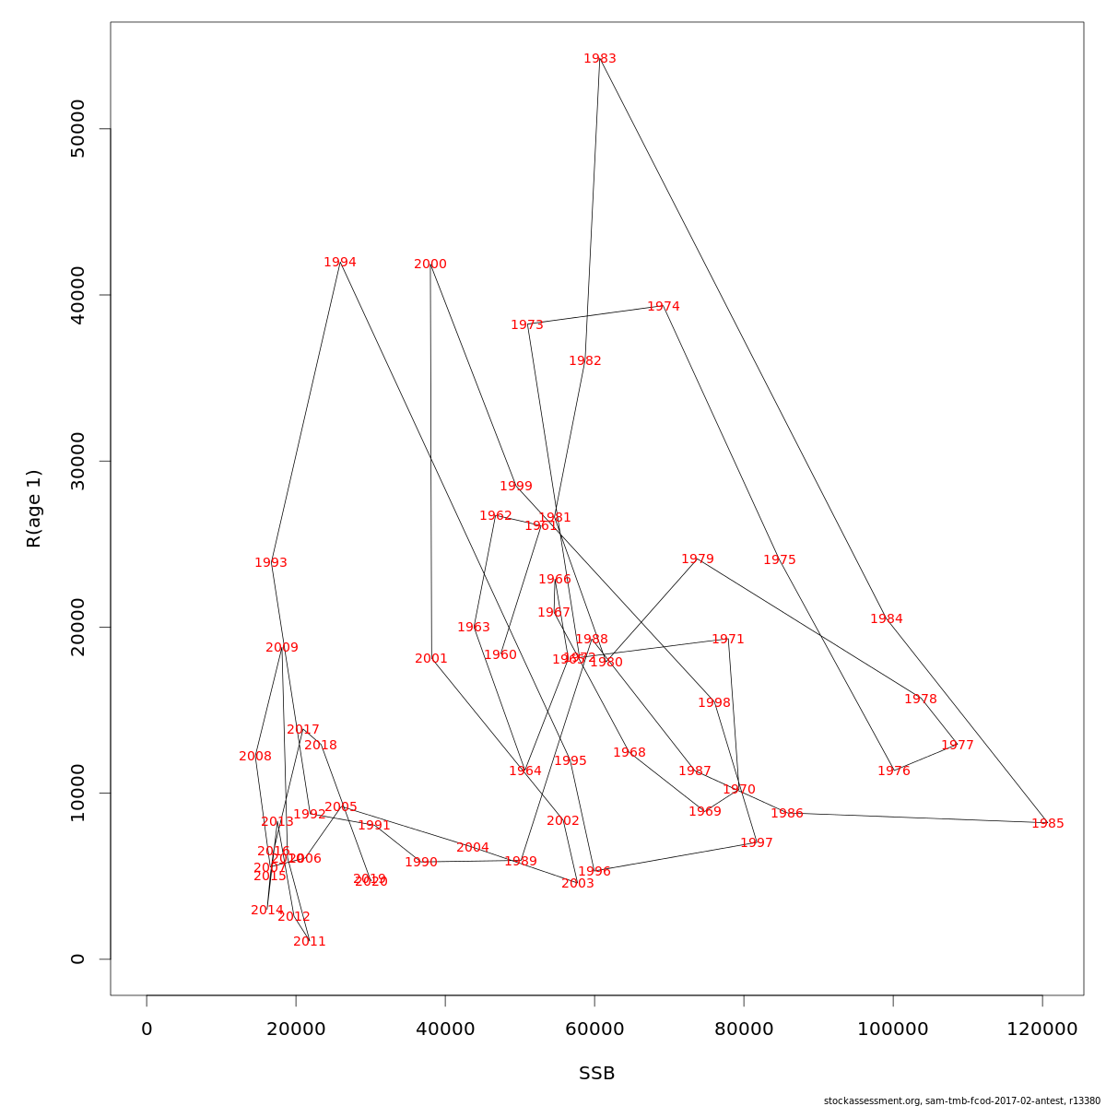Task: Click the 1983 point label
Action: coord(600,59)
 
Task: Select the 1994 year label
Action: coord(340,263)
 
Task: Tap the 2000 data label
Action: coord(430,265)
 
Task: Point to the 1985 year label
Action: coord(1048,824)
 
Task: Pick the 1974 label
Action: coord(664,307)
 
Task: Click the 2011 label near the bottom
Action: coord(310,942)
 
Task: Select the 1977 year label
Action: coord(958,746)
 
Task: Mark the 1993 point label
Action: coord(271,563)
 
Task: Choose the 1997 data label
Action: coord(757,843)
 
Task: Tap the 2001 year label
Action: coord(431,659)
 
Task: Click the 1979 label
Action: coord(698,559)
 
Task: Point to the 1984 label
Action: coord(887,619)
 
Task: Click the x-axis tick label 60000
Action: coord(594,1029)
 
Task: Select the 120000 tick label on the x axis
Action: coord(1042,1029)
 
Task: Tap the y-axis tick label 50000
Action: coord(77,129)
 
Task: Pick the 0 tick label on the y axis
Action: coord(77,959)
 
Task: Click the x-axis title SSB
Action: coord(597,1074)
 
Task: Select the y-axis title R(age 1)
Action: coord(34,509)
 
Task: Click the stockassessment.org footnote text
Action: coord(961,1100)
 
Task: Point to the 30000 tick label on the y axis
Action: coord(77,461)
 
